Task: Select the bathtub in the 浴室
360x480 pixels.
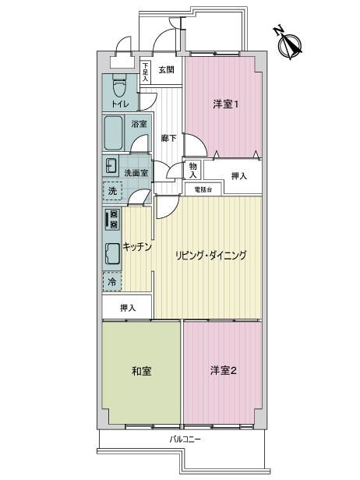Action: [113, 132]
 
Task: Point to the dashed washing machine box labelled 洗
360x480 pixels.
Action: [112, 191]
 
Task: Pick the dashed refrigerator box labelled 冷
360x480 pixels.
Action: [112, 281]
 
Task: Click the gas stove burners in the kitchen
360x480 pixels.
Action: [112, 219]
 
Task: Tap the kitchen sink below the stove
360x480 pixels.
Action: [112, 254]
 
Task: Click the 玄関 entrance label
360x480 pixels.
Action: [166, 70]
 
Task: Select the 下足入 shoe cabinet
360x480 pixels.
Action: [146, 72]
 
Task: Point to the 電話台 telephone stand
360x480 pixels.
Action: [203, 189]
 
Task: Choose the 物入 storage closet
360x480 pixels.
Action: [193, 170]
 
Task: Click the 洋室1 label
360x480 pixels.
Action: [226, 104]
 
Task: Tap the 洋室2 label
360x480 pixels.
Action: [224, 371]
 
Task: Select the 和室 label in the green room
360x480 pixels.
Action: [142, 372]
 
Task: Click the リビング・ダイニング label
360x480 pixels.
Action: [211, 256]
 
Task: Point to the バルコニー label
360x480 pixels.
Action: [185, 440]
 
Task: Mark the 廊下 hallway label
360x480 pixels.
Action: [168, 139]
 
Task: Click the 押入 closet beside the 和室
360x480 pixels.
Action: [127, 307]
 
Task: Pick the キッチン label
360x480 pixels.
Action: [137, 247]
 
